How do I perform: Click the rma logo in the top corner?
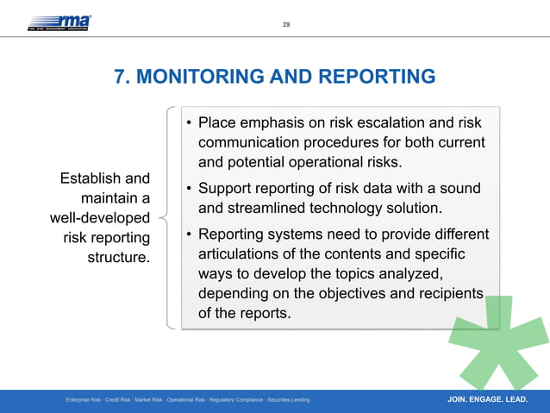coord(59,22)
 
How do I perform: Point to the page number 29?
coord(286,24)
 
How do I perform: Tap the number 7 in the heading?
coord(121,78)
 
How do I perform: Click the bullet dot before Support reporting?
coord(187,189)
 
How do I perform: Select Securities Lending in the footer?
coord(289,401)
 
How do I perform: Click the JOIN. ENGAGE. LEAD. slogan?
coord(488,400)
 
